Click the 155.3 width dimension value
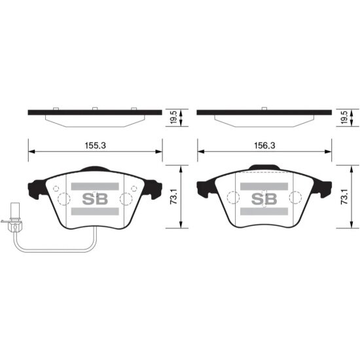pyautogui.click(x=96, y=145)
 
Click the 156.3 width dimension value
pyautogui.click(x=264, y=145)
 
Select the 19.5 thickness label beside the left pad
pyautogui.click(x=174, y=117)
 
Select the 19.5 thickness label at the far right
pyautogui.click(x=344, y=117)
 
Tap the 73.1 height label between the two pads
pyautogui.click(x=174, y=196)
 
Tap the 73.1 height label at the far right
pyautogui.click(x=344, y=196)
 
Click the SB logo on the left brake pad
pyautogui.click(x=95, y=199)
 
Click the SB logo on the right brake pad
pyautogui.click(x=264, y=199)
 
